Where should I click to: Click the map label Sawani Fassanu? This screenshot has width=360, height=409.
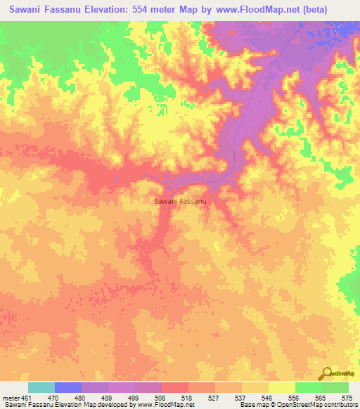click(x=179, y=202)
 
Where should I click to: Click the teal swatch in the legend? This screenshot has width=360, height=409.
click(x=41, y=387)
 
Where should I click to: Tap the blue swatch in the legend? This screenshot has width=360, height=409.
click(x=68, y=387)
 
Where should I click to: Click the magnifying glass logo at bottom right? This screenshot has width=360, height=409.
click(x=327, y=373)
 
